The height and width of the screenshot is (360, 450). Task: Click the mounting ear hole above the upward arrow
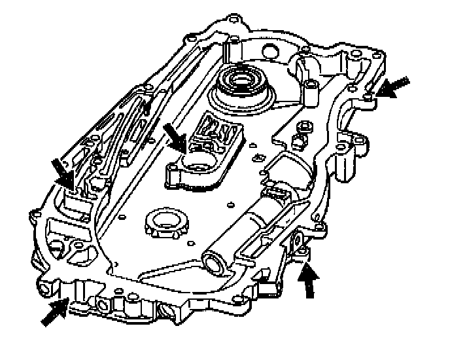pyautogui.click(x=300, y=244)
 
